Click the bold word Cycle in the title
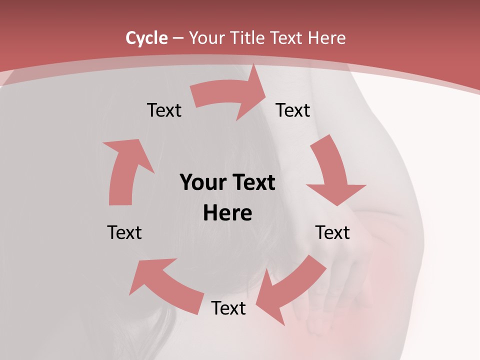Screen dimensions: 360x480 [146, 38]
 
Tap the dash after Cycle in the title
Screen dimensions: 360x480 [178, 38]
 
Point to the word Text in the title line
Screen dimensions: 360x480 [287, 38]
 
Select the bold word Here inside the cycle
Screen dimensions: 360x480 [227, 213]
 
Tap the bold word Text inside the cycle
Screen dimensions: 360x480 [252, 182]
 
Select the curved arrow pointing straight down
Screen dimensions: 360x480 [332, 172]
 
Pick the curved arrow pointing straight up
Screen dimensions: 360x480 [125, 170]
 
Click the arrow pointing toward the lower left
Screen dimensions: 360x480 [290, 290]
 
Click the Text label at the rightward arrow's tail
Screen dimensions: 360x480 [164, 110]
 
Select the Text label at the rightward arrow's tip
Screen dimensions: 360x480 [293, 110]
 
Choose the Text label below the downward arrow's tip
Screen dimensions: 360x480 [332, 232]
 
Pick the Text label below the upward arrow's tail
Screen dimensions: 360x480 [124, 232]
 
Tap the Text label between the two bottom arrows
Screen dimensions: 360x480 [228, 308]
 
